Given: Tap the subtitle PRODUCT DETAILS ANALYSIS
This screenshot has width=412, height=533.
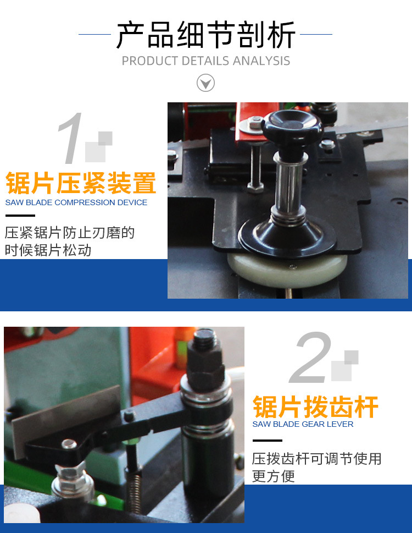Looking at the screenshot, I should click(205, 61).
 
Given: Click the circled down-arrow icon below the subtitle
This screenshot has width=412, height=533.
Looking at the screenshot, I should click(205, 83).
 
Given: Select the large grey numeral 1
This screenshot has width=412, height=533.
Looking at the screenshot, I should click(70, 139).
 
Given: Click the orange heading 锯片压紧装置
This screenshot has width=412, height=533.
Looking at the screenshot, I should click(81, 183).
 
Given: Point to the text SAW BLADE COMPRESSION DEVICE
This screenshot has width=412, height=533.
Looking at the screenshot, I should click(76, 202).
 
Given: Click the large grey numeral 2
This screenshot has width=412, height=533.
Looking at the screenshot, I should click(311, 358).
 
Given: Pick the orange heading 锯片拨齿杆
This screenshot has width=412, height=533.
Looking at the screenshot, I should click(315, 408).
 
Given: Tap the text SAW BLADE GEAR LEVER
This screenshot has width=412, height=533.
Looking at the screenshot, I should click(303, 424).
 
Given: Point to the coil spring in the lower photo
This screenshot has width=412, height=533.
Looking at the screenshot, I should click(133, 484).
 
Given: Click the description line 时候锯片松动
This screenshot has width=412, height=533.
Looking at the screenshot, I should click(48, 250).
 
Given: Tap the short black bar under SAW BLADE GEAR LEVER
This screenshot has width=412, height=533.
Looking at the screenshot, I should click(267, 441).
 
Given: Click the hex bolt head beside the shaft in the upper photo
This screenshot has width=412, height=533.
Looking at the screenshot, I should click(255, 186).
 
